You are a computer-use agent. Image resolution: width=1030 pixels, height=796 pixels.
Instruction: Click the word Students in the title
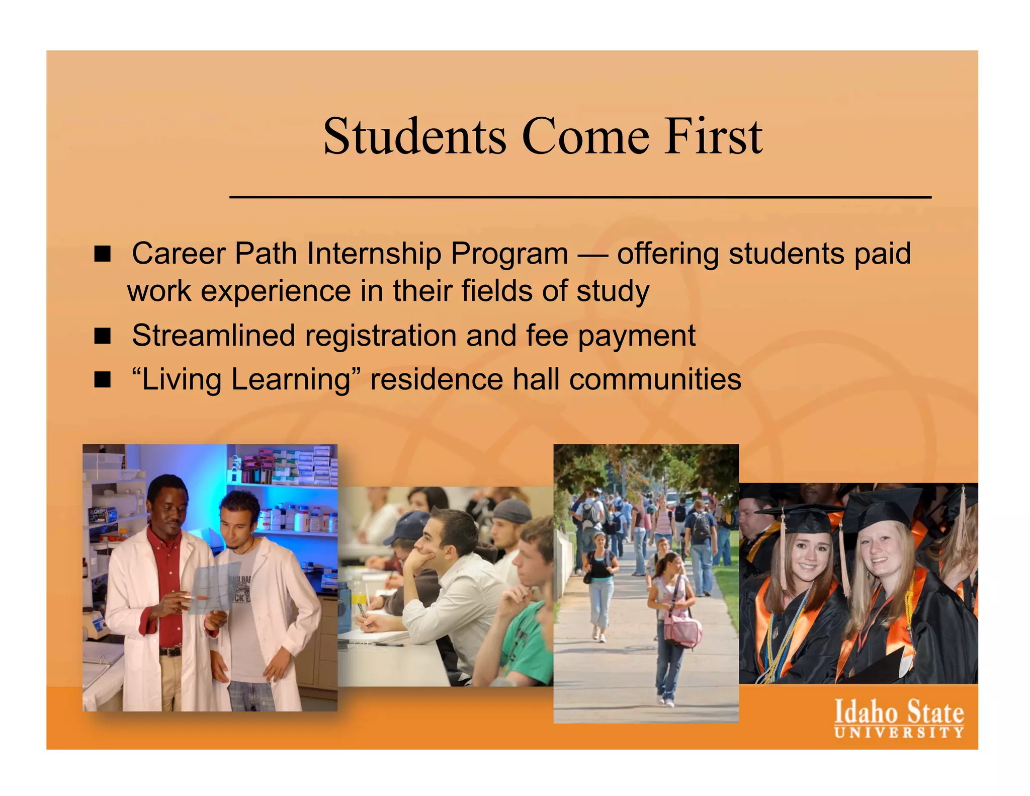tap(414, 137)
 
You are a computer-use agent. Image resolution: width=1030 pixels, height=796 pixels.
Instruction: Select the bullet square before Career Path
tap(102, 254)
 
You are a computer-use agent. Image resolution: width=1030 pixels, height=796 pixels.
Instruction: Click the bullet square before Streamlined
tap(102, 336)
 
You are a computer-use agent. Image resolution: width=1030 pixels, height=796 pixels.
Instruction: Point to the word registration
tap(380, 336)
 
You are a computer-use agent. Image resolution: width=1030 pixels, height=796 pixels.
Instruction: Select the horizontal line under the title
tap(580, 197)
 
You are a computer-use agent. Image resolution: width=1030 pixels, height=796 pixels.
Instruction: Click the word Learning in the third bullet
tap(290, 379)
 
